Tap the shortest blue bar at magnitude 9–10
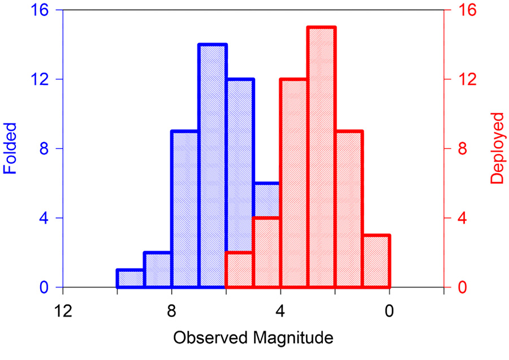(131, 278)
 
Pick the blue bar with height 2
(158, 270)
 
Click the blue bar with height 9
(185, 209)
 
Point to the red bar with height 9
(349, 209)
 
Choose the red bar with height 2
(240, 270)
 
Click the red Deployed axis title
(497, 148)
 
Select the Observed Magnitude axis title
(253, 338)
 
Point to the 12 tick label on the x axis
(63, 311)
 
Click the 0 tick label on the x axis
(390, 311)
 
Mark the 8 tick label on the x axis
(172, 311)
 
